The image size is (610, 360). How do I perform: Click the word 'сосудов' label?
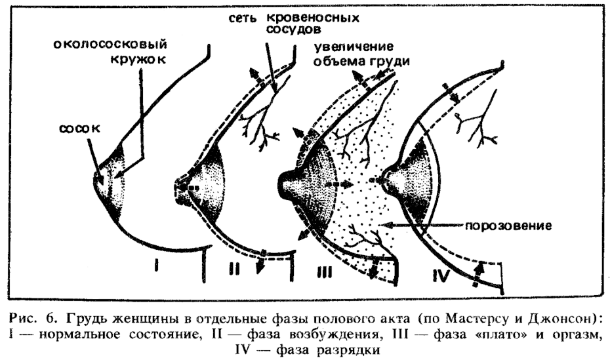(293, 30)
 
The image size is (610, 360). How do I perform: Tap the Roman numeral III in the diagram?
(323, 274)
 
